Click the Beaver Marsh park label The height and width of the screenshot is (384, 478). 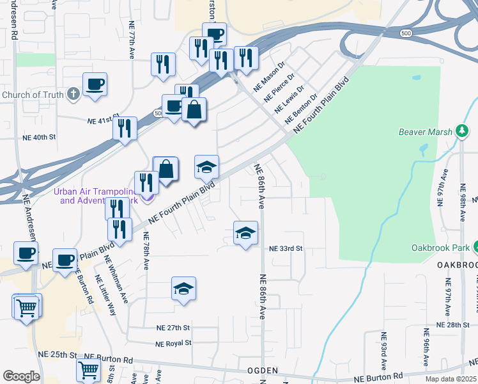(x=425, y=132)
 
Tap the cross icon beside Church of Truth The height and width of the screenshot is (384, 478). (x=73, y=95)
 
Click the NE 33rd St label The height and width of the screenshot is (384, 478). (x=285, y=248)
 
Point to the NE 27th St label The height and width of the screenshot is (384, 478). (x=174, y=327)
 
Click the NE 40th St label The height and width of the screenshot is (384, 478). (x=40, y=137)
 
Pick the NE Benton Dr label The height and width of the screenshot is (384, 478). (x=305, y=108)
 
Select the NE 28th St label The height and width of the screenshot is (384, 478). (x=453, y=325)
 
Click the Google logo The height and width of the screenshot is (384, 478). (x=21, y=376)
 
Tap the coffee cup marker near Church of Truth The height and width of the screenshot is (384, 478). (x=95, y=84)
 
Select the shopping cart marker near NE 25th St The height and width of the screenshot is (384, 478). (x=88, y=370)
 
